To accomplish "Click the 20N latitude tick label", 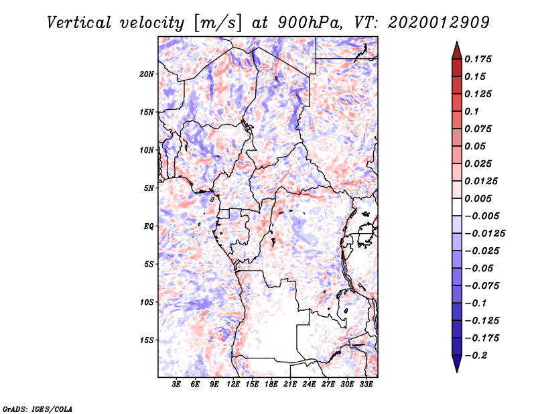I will click(147, 74).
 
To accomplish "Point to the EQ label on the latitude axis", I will click(148, 226).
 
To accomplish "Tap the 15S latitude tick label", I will click(147, 340).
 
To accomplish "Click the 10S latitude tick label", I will click(147, 302).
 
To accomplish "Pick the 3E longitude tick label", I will click(177, 385).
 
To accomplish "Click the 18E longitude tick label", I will click(271, 385).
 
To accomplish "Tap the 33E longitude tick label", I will click(366, 385).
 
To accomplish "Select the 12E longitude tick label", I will click(233, 385).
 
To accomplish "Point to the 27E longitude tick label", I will click(328, 385).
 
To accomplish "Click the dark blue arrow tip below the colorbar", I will click(456, 367).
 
